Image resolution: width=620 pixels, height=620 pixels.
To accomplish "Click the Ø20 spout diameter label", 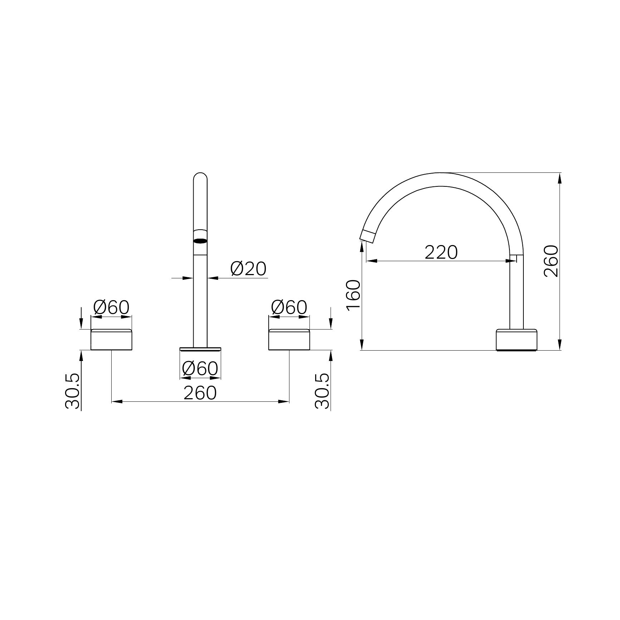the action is click(249, 269).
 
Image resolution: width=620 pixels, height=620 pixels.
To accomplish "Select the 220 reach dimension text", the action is click(441, 253).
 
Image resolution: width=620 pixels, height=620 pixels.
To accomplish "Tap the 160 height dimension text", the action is click(353, 296).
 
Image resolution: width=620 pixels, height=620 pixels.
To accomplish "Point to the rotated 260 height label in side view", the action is click(551, 261).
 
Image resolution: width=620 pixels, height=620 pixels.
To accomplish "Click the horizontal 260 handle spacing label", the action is click(200, 393).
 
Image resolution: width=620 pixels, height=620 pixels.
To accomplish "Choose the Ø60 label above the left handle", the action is click(111, 307).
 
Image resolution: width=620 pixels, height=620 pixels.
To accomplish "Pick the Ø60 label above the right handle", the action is click(289, 307).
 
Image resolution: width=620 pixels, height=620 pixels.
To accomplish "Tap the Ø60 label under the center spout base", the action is click(200, 368).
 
